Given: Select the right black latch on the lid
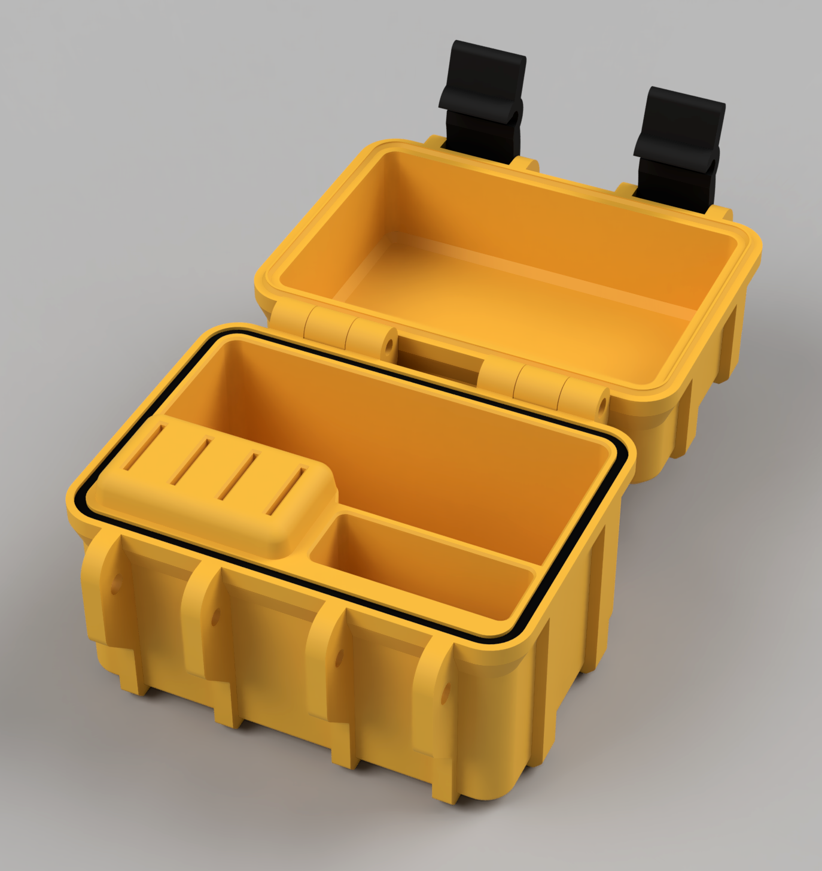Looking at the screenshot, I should tap(680, 147).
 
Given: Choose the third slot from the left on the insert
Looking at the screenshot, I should tap(238, 477).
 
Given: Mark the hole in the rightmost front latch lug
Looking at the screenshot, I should tap(446, 694).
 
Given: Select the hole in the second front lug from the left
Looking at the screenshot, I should tap(215, 617).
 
